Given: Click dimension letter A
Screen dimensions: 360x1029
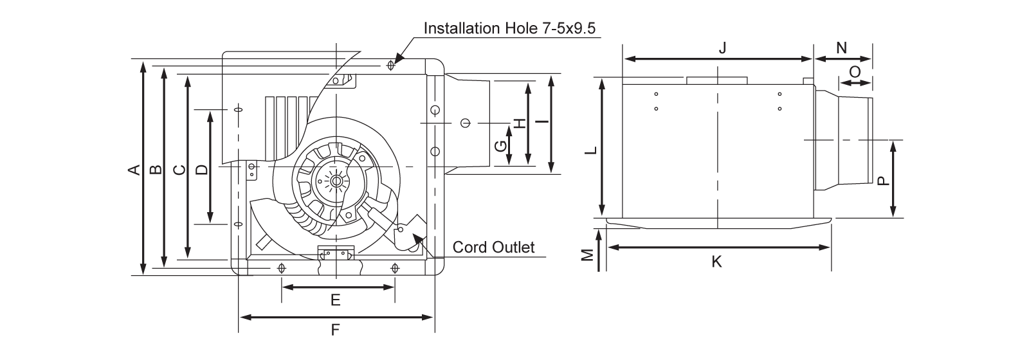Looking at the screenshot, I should pyautogui.click(x=134, y=170).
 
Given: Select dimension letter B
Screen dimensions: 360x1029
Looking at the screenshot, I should pyautogui.click(x=155, y=170).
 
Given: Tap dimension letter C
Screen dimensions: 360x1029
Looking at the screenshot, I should pyautogui.click(x=181, y=170).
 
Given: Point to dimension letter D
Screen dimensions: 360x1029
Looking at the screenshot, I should pyautogui.click(x=202, y=170).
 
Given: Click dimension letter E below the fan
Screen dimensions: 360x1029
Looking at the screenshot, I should pyautogui.click(x=335, y=300).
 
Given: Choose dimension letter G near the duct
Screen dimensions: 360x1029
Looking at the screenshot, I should pyautogui.click(x=500, y=146).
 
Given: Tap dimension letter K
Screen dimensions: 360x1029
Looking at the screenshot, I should pyautogui.click(x=718, y=261).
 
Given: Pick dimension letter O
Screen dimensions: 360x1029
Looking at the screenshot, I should pyautogui.click(x=855, y=72).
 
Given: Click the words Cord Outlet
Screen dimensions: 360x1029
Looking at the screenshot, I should pyautogui.click(x=493, y=248).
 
